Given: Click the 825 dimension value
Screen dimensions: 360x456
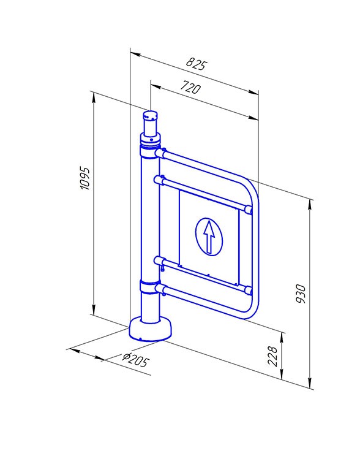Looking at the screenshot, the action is (197, 64).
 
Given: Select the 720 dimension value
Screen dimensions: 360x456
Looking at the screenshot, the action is (190, 87).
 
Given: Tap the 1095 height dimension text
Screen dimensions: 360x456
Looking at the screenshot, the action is (85, 178).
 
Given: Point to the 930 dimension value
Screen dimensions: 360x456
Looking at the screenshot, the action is (301, 294).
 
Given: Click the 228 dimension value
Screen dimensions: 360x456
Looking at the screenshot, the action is (272, 356).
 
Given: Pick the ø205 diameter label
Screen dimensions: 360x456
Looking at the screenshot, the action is (136, 360).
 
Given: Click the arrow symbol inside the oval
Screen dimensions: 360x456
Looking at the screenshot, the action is (209, 237).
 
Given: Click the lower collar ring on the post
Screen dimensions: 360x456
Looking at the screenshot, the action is (149, 287).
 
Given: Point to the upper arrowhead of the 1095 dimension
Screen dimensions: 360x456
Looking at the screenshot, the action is (94, 97).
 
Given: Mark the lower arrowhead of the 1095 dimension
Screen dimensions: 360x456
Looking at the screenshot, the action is (94, 310).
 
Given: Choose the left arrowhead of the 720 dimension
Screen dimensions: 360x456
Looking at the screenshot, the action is (156, 86).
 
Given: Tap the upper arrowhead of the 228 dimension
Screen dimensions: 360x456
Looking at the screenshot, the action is (282, 337).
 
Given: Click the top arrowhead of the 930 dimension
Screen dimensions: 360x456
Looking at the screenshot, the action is (310, 205).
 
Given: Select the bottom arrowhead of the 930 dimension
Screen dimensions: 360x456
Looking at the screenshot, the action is (310, 382).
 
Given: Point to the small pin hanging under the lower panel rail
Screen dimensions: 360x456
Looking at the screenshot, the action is (163, 267).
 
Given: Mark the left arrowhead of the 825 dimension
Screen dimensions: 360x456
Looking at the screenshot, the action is (135, 54).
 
